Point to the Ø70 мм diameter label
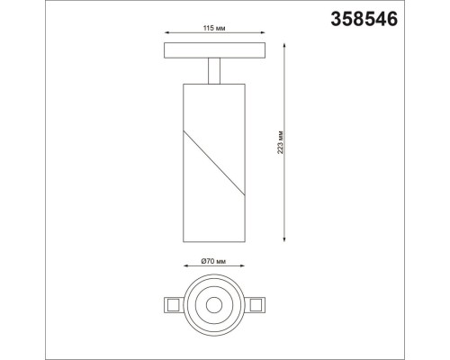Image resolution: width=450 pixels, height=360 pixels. pyautogui.click(x=215, y=263)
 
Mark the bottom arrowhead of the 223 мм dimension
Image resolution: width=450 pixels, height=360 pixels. pyautogui.click(x=286, y=238)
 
